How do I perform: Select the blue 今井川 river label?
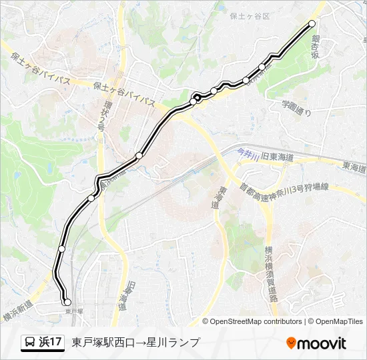(x=248, y=155)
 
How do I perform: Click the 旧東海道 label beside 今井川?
(x=278, y=157)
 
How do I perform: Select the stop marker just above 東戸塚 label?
(x=67, y=302)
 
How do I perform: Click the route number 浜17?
(x=51, y=343)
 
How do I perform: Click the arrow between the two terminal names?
(x=133, y=343)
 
